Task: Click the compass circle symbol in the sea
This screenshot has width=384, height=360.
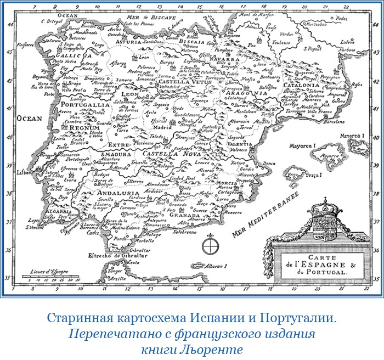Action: pyautogui.click(x=209, y=245)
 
